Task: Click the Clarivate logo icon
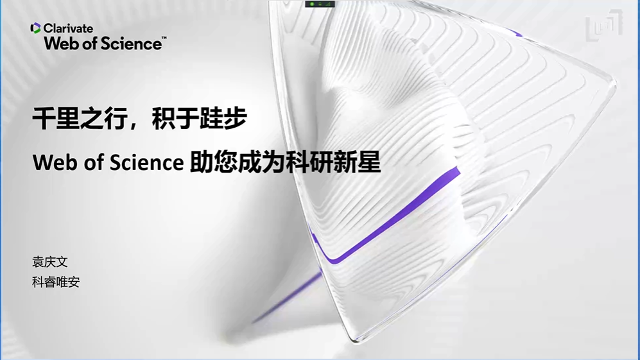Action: [35, 28]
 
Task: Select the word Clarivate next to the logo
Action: [68, 28]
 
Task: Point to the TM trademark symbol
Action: [164, 38]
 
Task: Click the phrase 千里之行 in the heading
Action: [79, 118]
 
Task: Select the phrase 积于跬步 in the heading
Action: [200, 118]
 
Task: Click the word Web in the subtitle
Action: [55, 162]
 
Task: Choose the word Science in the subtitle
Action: [146, 162]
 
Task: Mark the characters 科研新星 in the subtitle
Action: [333, 162]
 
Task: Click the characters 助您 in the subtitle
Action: [214, 162]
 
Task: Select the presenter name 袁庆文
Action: [50, 262]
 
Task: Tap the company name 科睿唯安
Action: [56, 282]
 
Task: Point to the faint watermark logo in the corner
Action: [604, 25]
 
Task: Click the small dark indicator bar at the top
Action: [320, 4]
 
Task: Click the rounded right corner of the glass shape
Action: [612, 81]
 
